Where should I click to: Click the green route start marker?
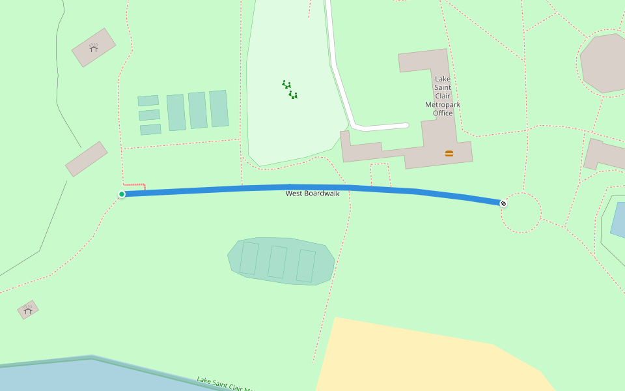point(122,194)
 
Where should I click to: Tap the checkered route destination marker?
point(503,203)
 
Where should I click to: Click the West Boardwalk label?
point(312,194)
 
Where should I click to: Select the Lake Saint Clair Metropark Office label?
point(443,96)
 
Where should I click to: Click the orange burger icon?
point(449,153)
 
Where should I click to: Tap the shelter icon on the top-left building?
point(94,47)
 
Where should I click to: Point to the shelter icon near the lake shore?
point(27,310)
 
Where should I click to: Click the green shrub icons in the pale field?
point(290,90)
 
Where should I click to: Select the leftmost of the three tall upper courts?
point(176,112)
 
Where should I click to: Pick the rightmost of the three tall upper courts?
point(219,108)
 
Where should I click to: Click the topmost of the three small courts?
point(148,100)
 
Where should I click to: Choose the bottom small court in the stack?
point(150,129)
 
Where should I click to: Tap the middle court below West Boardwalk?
point(277,262)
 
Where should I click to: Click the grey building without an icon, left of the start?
point(86,159)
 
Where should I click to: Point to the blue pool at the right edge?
point(618,219)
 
